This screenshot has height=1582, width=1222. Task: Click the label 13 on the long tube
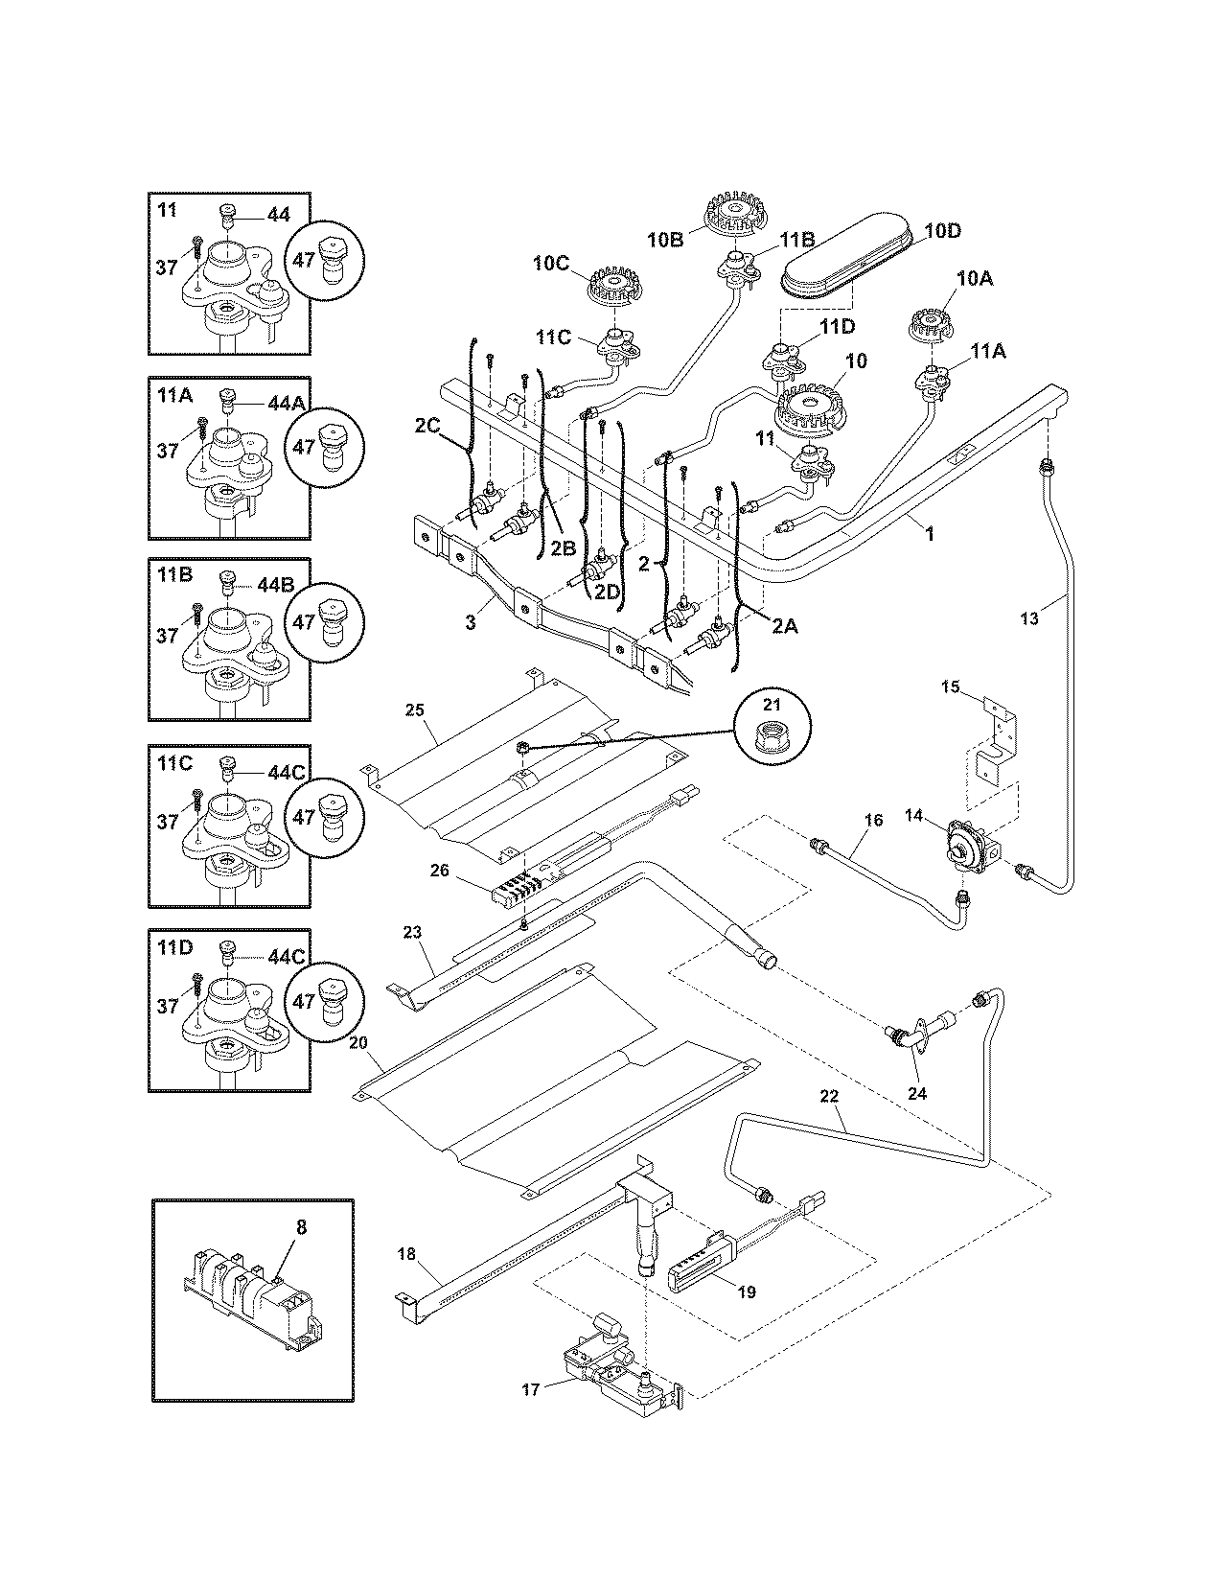1028,619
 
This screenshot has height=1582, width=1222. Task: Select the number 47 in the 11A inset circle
304,447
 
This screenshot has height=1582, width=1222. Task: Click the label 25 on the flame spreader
414,710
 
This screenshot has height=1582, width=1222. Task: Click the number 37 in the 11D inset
168,1006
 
